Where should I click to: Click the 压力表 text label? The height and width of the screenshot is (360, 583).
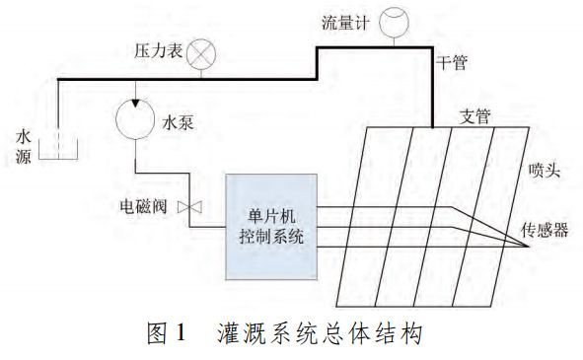(158, 48)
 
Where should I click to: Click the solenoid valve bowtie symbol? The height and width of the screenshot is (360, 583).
(194, 207)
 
